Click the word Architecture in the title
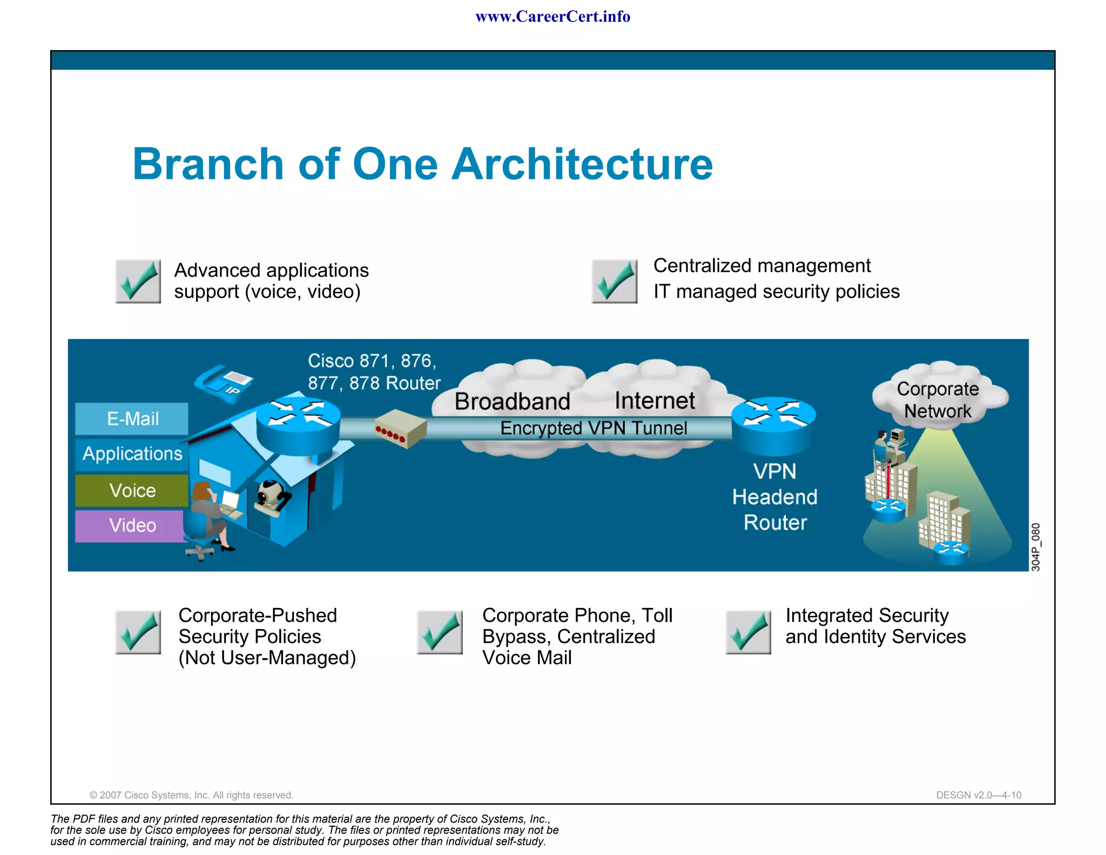[x=582, y=164]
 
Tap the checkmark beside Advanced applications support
[x=138, y=281]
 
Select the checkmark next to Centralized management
[x=614, y=281]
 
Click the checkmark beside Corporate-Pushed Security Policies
[x=138, y=632]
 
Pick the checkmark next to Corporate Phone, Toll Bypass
[x=440, y=632]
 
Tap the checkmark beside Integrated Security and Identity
[x=748, y=632]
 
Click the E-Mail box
[x=132, y=419]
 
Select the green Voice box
[x=132, y=490]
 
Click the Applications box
[x=132, y=453]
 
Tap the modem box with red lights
[x=400, y=429]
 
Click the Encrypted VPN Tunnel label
[x=593, y=428]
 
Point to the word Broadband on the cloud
[x=512, y=401]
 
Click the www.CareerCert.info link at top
[x=552, y=17]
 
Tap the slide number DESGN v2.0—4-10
[x=978, y=795]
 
